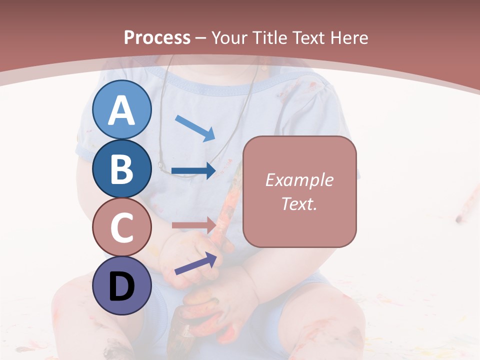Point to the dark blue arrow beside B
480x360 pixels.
[x=193, y=171]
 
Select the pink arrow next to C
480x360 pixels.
[x=193, y=224]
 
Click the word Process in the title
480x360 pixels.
[x=157, y=37]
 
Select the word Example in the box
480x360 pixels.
[x=299, y=180]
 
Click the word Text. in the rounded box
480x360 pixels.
[x=299, y=203]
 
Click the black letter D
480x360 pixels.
[x=121, y=287]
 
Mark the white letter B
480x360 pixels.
[x=121, y=169]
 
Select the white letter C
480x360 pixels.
[x=121, y=228]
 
